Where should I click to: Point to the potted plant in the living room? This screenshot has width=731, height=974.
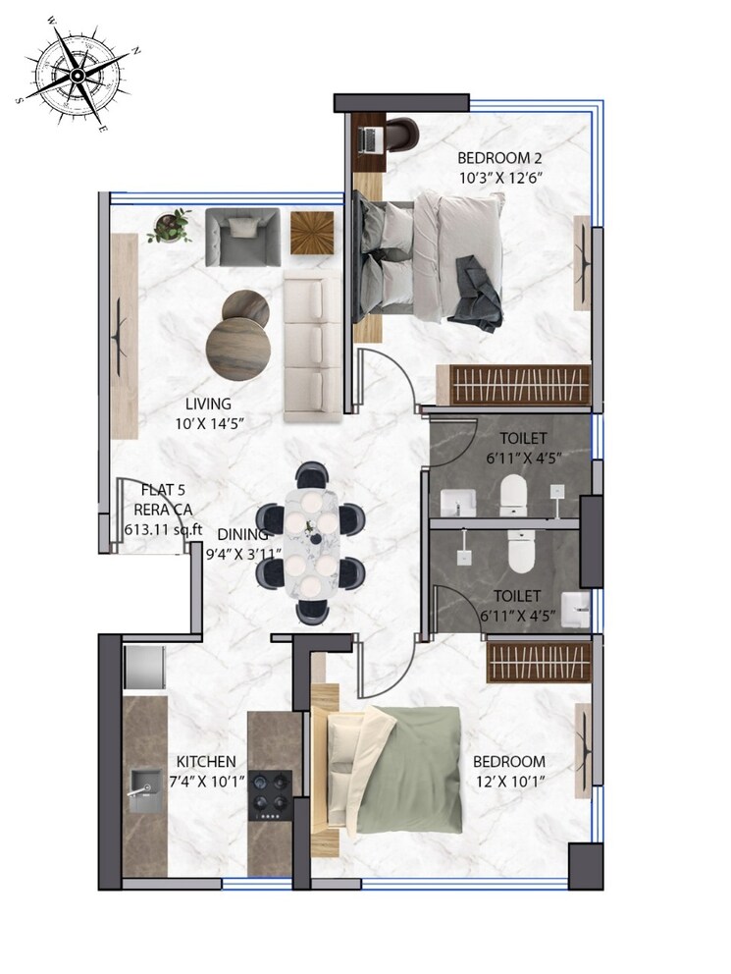171,226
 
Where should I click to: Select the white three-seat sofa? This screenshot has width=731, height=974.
312,346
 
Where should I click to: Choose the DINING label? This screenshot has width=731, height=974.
242,534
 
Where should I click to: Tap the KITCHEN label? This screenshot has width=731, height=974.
205,762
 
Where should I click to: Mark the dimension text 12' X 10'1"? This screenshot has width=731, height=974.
508,782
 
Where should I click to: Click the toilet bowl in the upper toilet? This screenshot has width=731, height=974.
514,495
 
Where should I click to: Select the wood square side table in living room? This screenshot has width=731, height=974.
315,234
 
